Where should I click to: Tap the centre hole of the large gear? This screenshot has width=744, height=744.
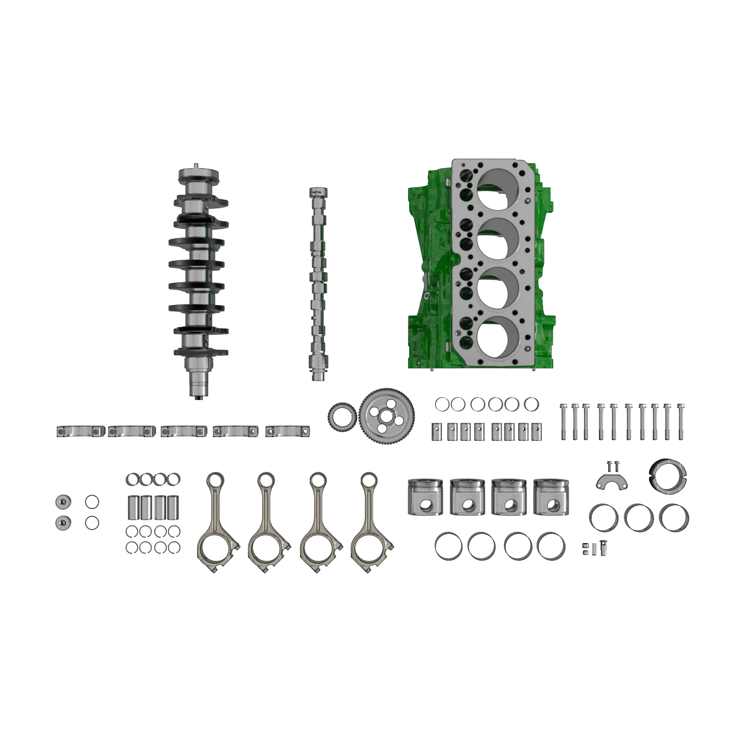click(x=387, y=415)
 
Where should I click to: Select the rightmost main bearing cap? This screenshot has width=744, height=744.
click(x=288, y=431)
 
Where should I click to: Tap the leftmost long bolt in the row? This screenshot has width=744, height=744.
click(x=563, y=422)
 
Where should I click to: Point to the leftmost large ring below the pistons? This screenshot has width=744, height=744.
click(x=449, y=546)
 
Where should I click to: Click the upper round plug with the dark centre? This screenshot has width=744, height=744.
click(x=63, y=502)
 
